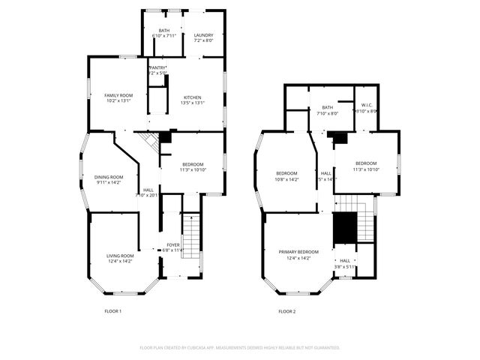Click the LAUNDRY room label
coord(203,35)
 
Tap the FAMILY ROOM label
coord(118,95)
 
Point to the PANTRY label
coord(157,68)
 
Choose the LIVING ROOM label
coord(120,256)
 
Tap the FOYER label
coord(173,245)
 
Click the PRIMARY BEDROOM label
coord(298,252)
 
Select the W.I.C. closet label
coord(367,106)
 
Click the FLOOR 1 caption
coord(112,311)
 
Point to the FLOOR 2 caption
coord(287,311)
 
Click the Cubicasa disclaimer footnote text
coord(240,348)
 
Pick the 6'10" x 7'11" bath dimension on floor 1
coord(163,35)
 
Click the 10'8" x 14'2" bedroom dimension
coord(286,179)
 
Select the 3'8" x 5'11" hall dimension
coord(345,267)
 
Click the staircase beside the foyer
coord(192,235)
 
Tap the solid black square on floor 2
coord(343,227)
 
